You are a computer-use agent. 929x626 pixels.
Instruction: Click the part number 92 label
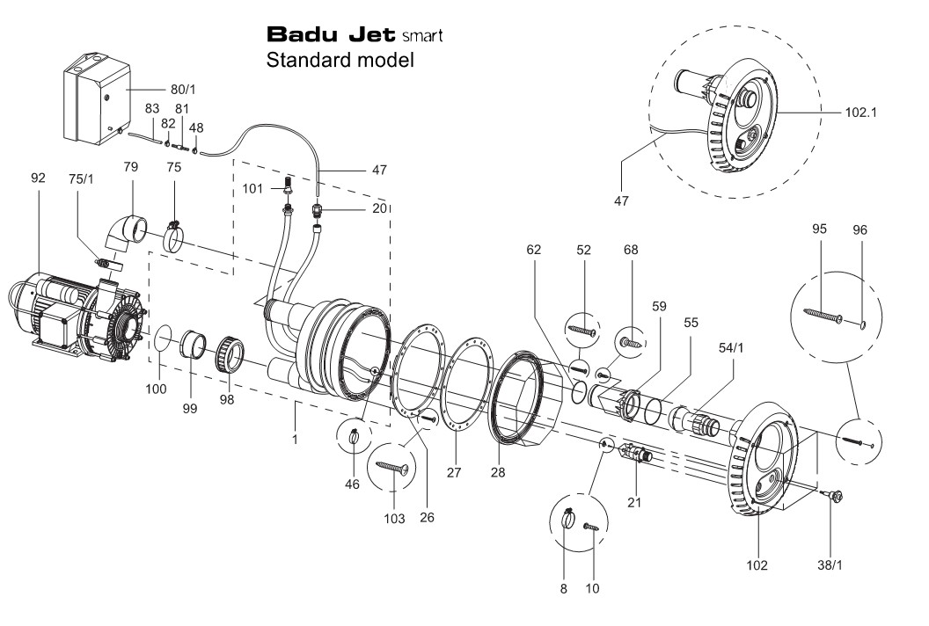click(x=38, y=178)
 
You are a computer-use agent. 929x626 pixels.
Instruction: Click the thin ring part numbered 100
click(x=163, y=341)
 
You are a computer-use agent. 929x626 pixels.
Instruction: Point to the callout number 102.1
click(x=861, y=113)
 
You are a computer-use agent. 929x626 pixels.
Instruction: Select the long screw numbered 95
click(x=823, y=315)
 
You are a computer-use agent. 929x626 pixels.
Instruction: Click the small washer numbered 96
click(x=863, y=324)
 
